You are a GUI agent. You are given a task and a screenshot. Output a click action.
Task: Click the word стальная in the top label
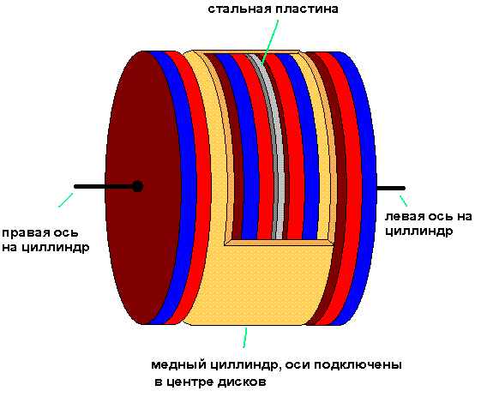click(x=235, y=9)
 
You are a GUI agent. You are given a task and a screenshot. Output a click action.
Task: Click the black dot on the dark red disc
click(x=137, y=186)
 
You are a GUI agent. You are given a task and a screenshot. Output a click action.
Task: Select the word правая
click(x=23, y=232)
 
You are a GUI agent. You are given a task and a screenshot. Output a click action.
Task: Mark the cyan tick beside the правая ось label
click(x=65, y=201)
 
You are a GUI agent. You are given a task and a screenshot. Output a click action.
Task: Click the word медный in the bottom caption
click(x=176, y=365)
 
